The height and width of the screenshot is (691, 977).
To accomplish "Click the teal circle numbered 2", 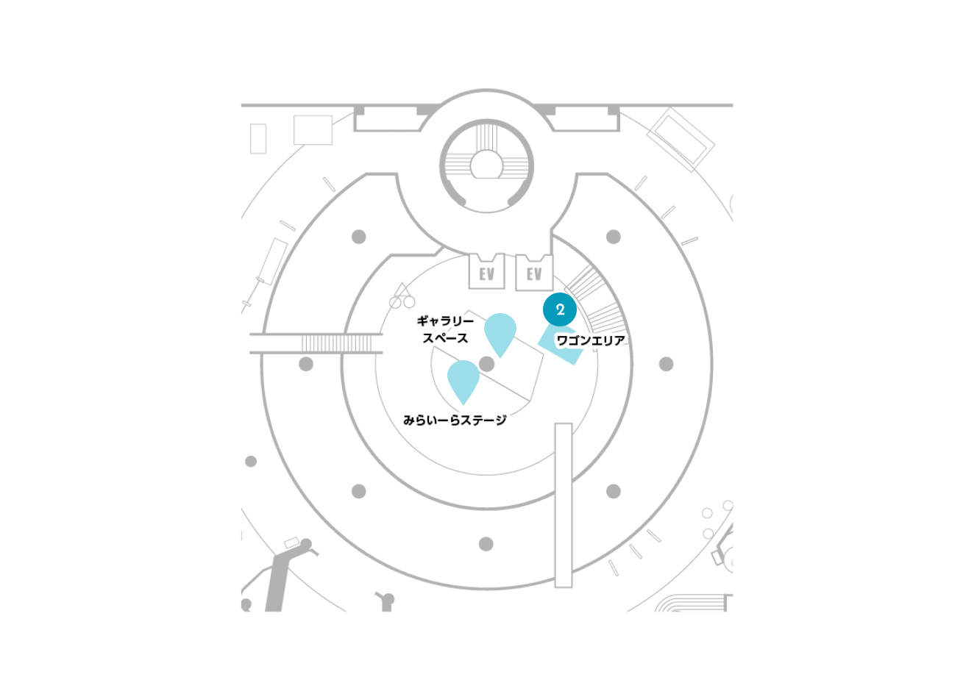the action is click(560, 309).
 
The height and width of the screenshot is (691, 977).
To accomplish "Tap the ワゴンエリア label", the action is click(591, 340).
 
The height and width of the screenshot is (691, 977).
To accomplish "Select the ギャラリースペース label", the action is click(445, 329).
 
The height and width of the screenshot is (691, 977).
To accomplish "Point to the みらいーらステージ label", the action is click(455, 420).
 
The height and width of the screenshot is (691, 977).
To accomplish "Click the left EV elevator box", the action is click(487, 271).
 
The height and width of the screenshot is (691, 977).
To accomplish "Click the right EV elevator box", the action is click(534, 273).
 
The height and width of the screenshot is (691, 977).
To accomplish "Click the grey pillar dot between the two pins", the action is click(486, 364).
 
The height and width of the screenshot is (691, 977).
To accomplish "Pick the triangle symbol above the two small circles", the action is click(402, 290).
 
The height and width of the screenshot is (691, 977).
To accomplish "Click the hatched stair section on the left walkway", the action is click(337, 343).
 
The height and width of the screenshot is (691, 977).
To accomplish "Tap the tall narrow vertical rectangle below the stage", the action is click(563, 505).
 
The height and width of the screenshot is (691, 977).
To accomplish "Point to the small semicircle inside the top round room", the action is click(486, 164).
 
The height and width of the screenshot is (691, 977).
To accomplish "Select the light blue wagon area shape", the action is click(561, 346).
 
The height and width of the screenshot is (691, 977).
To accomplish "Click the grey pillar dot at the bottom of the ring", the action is click(486, 544).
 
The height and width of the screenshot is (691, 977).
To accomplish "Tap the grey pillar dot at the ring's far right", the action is click(666, 364).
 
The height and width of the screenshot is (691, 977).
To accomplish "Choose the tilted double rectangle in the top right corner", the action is click(681, 140).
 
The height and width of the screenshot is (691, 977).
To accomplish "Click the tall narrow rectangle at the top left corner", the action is click(257, 138).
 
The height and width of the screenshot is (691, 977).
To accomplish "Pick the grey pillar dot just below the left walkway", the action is click(306, 364).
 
